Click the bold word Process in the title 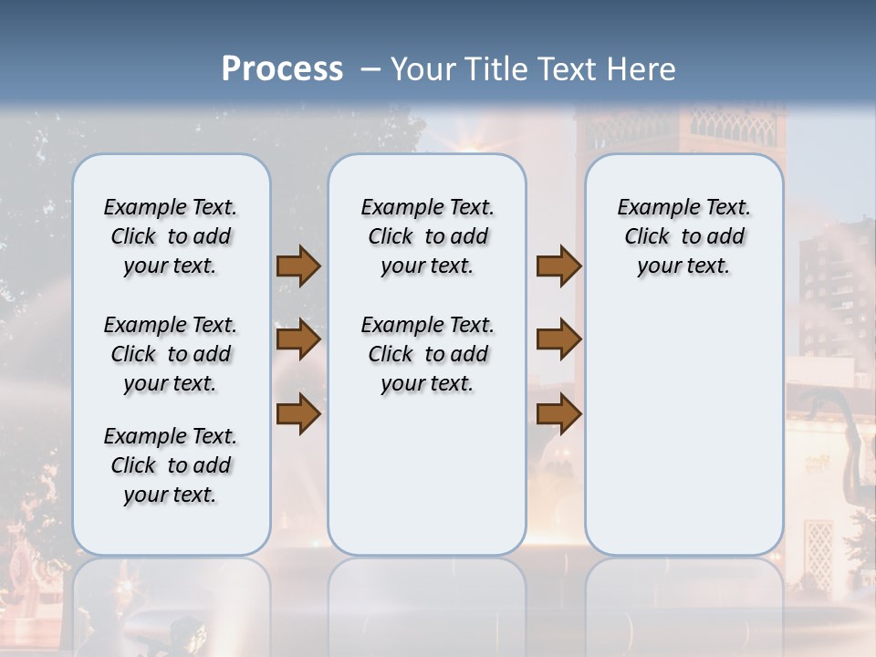pyautogui.click(x=282, y=69)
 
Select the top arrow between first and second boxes pyautogui.click(x=298, y=266)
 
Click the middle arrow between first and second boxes pyautogui.click(x=298, y=339)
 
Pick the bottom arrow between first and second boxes pyautogui.click(x=298, y=413)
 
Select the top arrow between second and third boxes pyautogui.click(x=558, y=266)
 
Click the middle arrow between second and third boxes pyautogui.click(x=558, y=339)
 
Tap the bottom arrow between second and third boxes pyautogui.click(x=558, y=413)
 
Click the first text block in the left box pyautogui.click(x=171, y=236)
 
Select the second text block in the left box pyautogui.click(x=171, y=354)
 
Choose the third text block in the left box pyautogui.click(x=171, y=465)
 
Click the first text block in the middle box pyautogui.click(x=427, y=236)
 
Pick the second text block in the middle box pyautogui.click(x=427, y=354)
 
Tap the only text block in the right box pyautogui.click(x=684, y=236)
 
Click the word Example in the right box pyautogui.click(x=652, y=208)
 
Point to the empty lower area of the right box pyautogui.click(x=684, y=429)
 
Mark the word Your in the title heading pyautogui.click(x=422, y=69)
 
